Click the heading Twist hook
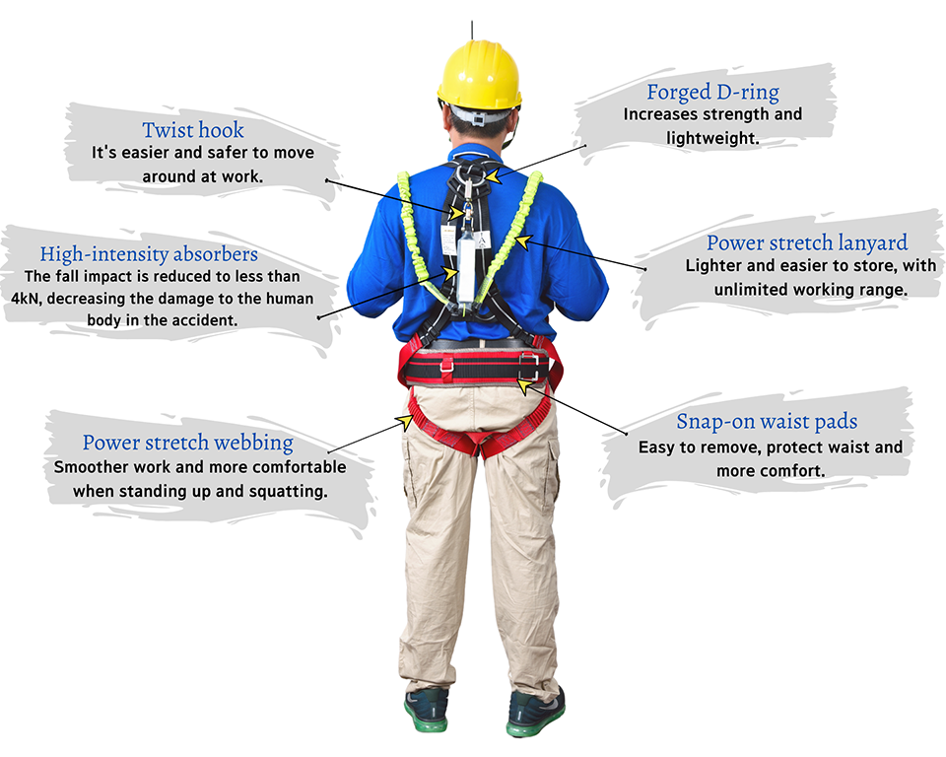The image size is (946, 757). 193,130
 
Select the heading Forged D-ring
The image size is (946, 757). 713,93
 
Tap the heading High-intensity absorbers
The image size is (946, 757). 149,254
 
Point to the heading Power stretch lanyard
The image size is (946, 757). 807,242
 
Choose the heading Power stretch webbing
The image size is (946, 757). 187,443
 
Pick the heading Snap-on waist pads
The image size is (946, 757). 767,421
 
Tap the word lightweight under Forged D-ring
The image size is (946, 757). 712,138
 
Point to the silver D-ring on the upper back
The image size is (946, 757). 469,173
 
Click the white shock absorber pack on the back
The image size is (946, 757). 466,269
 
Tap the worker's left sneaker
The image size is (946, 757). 427,710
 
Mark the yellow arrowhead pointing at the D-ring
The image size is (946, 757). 493,175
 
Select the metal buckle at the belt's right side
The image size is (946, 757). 528,367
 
